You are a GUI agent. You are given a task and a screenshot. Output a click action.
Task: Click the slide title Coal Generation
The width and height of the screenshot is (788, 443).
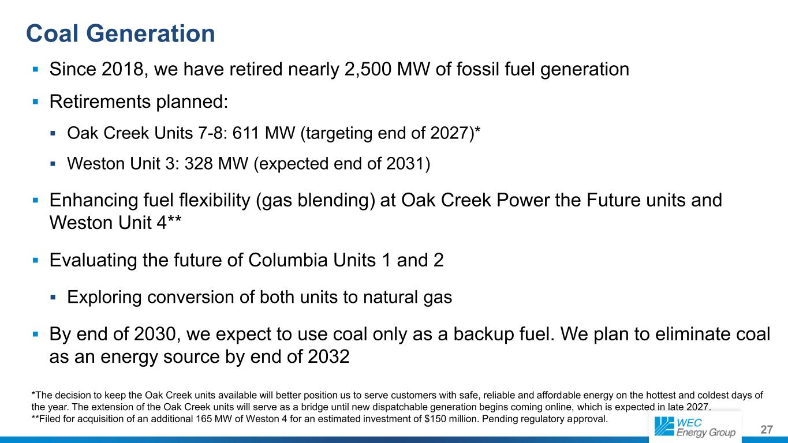[x=120, y=34]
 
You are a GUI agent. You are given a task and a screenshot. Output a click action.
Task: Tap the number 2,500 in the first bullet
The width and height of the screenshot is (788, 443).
[x=368, y=69]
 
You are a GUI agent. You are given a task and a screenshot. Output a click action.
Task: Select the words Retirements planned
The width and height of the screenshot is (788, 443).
[x=139, y=102]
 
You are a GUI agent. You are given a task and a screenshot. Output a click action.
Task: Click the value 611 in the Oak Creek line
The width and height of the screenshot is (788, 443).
[x=245, y=133]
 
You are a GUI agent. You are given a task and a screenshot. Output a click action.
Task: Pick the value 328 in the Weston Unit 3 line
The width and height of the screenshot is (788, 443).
[x=199, y=163]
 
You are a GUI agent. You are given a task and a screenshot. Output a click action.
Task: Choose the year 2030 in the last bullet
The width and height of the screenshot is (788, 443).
[x=155, y=334]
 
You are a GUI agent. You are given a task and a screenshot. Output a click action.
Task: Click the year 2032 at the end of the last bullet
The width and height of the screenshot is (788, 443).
[x=328, y=357]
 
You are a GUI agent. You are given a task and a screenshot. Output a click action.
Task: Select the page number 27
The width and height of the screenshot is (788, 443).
[x=767, y=430]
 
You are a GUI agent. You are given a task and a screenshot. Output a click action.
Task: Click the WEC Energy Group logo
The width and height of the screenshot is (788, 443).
[x=695, y=427]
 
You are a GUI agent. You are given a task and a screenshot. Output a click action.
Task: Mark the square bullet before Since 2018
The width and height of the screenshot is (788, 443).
[x=35, y=69]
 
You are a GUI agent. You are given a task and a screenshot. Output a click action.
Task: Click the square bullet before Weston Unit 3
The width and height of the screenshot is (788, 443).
[x=53, y=163]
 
